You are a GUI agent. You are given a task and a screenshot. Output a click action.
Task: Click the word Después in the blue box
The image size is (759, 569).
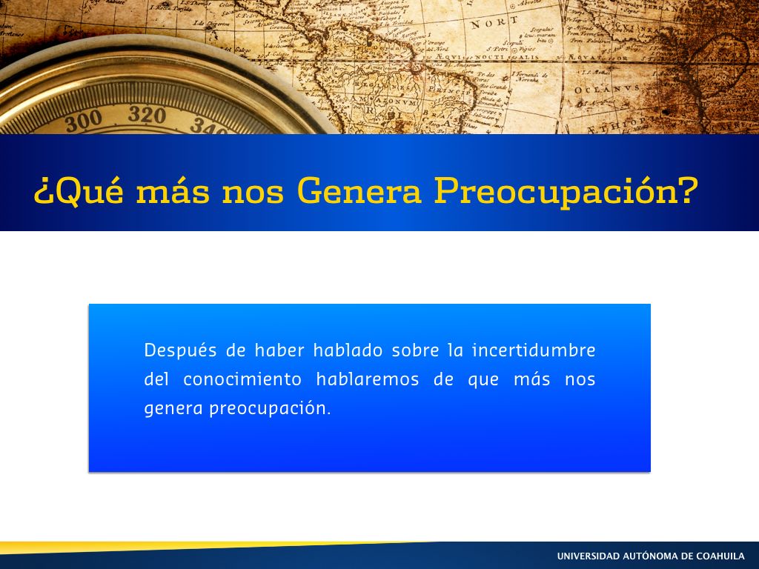pos(180,350)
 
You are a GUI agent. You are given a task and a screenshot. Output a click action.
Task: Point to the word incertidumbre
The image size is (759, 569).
pos(534,350)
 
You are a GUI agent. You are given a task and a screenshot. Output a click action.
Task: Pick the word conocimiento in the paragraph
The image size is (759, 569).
pos(242,379)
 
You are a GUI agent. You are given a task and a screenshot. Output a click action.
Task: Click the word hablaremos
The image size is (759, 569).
pos(368,379)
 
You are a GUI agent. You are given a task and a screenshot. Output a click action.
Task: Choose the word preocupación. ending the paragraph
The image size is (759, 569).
pos(270,409)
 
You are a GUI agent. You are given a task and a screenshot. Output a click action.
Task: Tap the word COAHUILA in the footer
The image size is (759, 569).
pos(720,556)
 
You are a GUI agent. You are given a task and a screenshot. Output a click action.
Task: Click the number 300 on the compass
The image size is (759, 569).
pos(83,121)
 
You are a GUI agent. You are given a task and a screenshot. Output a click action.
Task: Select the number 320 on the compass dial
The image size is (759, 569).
pos(147,115)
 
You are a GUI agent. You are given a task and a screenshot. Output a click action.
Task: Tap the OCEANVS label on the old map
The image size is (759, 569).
pos(607,90)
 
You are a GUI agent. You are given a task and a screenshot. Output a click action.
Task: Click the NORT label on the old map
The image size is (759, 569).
pos(494,23)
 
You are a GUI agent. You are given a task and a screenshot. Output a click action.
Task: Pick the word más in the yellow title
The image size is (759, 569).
pos(173,190)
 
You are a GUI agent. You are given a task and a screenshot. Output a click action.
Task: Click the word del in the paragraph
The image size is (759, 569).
pos(156,379)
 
